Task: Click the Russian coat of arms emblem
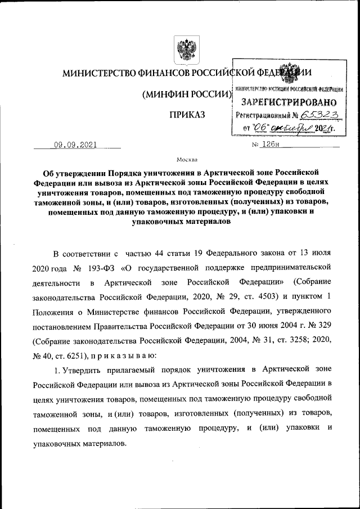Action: (x=183, y=50)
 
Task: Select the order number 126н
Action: (x=275, y=145)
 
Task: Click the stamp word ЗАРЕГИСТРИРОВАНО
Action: (x=289, y=102)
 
